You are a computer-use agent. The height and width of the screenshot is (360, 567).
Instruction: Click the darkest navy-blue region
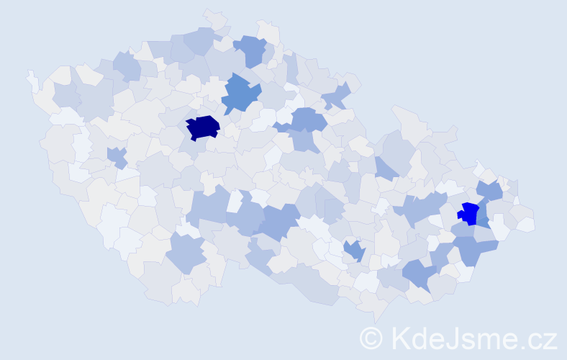point(202,127)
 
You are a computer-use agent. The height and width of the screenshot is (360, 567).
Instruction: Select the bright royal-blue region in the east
point(468,213)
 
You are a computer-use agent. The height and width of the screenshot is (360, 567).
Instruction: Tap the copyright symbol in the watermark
point(371,338)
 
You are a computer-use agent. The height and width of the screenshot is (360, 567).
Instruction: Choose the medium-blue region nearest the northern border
point(250,49)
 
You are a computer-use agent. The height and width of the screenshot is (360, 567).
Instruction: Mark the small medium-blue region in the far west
point(117,156)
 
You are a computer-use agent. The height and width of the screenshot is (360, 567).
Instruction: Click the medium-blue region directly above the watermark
point(419,274)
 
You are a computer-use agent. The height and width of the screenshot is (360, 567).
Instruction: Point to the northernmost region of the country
point(215,17)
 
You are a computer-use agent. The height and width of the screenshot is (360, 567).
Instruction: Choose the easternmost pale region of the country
point(527,223)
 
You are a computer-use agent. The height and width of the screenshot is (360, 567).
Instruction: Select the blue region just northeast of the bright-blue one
point(491,190)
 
